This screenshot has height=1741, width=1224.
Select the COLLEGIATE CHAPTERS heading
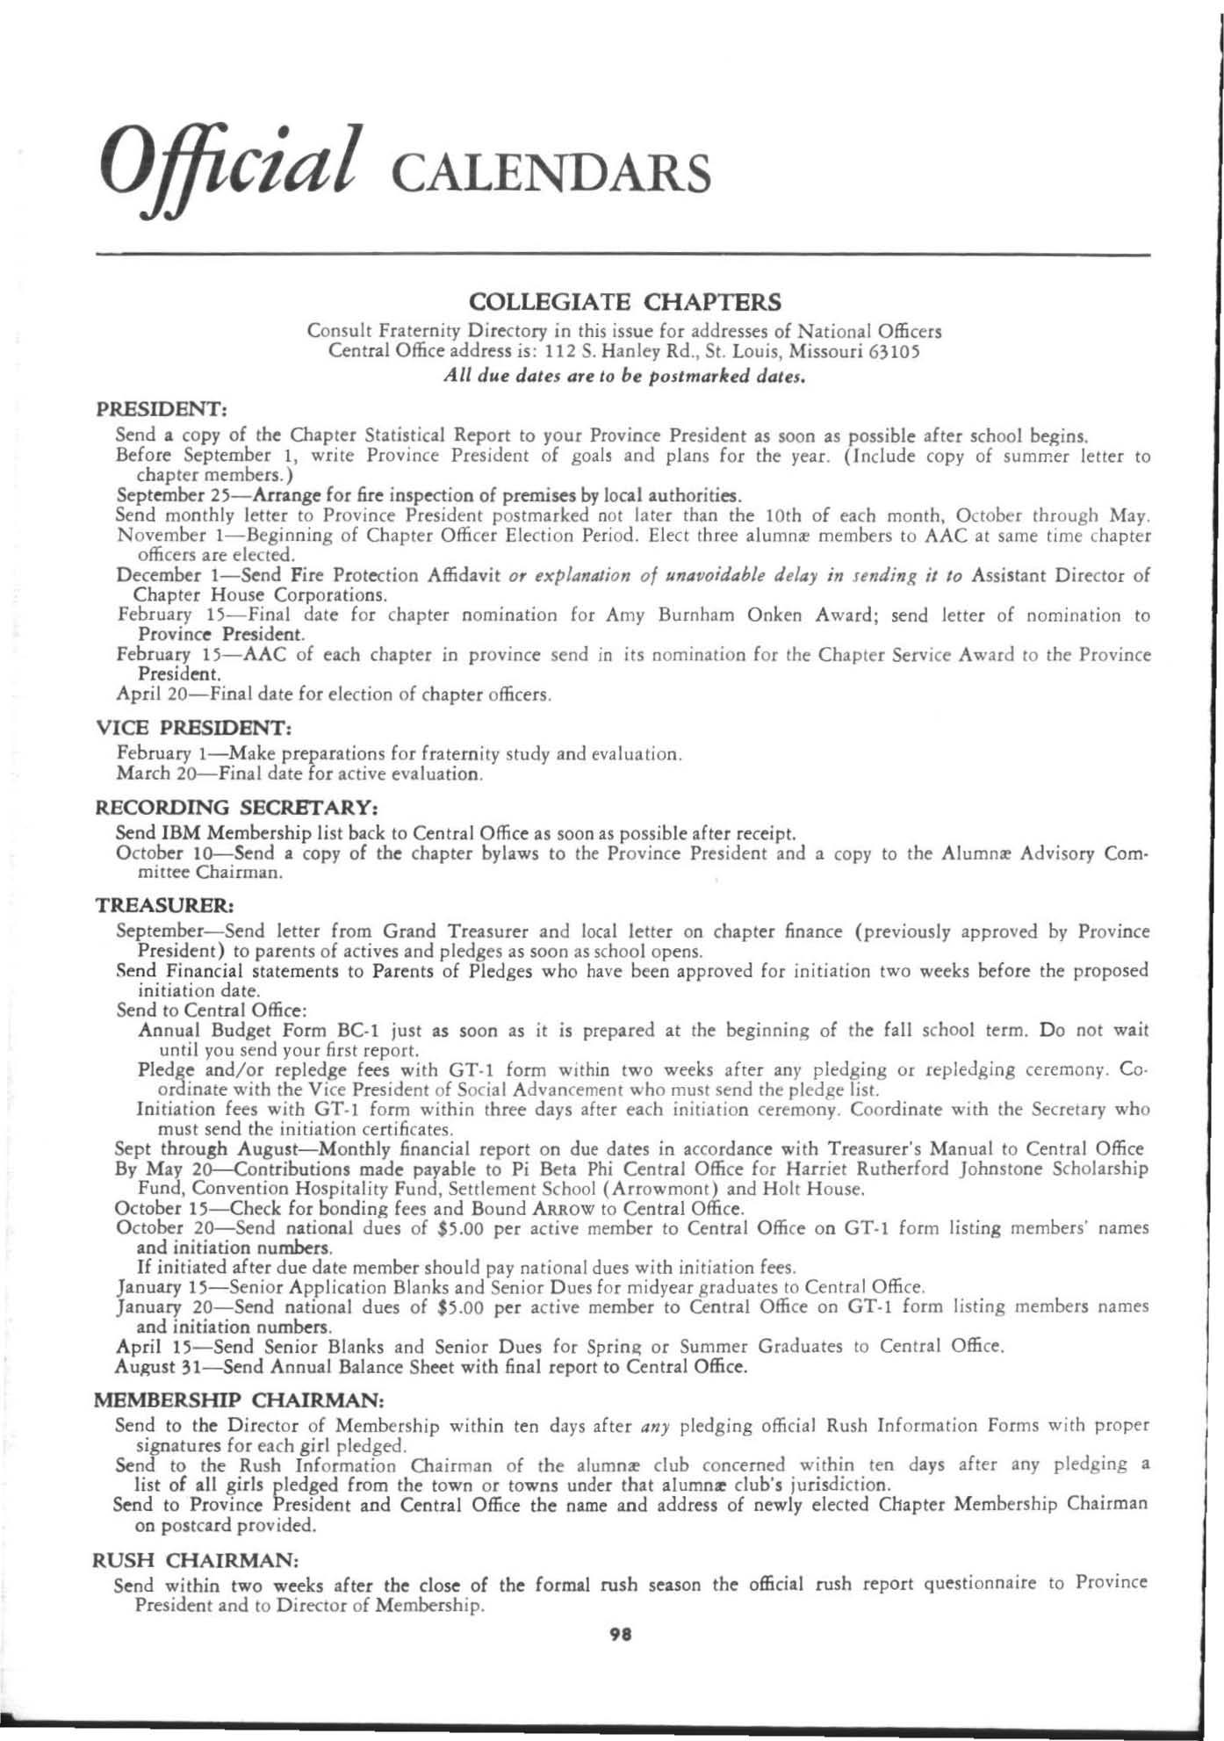(x=625, y=303)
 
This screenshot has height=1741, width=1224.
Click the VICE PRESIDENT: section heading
(x=193, y=729)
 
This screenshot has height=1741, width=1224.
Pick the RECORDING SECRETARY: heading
(x=236, y=807)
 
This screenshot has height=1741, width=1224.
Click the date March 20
(x=151, y=775)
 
